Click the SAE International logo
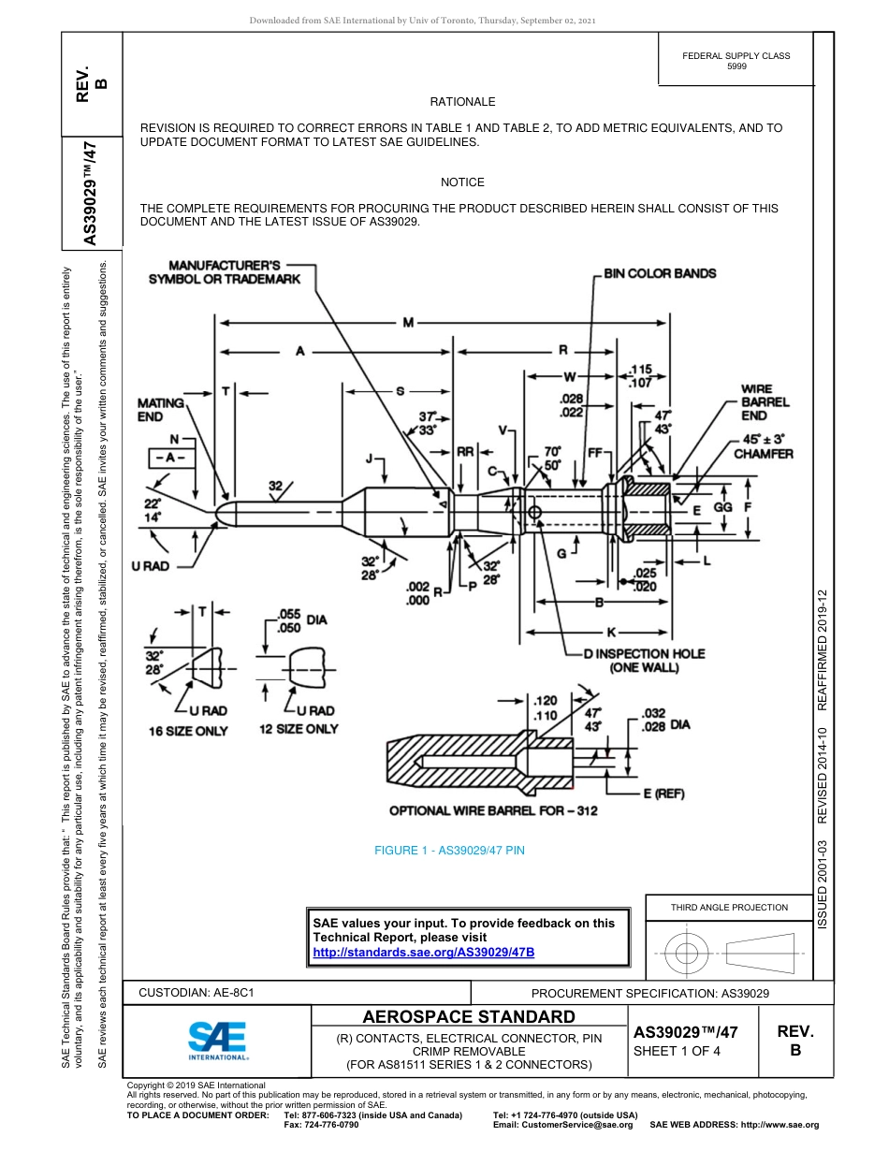pos(217,1039)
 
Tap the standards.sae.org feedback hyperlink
pos(423,952)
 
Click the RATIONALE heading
pos(462,101)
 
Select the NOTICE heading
pos(462,182)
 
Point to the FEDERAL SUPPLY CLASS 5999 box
pos(736,61)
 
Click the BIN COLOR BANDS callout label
pos(660,273)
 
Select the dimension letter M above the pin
pos(409,323)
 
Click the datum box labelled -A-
pos(170,458)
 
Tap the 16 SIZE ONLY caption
pos(188,730)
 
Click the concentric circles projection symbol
pos(687,954)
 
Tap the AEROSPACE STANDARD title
pos(469,1017)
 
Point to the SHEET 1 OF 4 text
pos(678,1050)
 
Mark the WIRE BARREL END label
pos(765,401)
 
